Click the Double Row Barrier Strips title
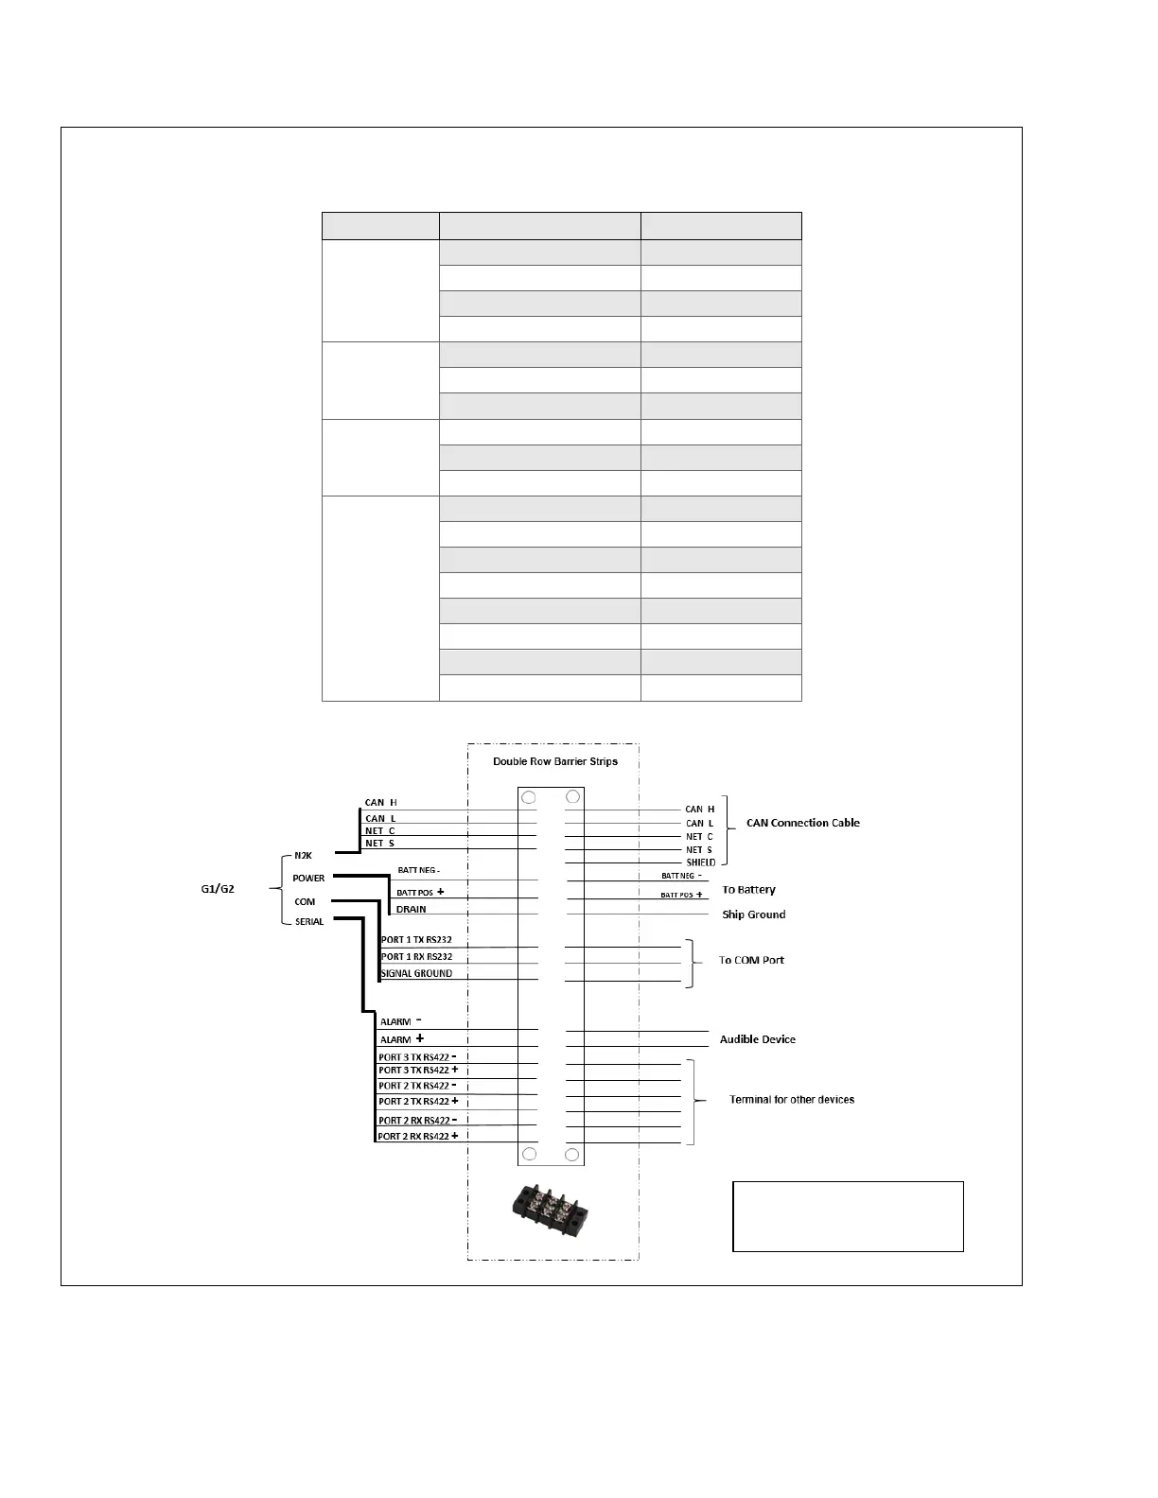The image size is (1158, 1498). (555, 761)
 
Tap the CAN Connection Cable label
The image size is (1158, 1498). (802, 823)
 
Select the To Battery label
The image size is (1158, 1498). (748, 890)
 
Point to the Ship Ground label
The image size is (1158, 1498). (753, 914)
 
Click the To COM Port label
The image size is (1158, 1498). (751, 960)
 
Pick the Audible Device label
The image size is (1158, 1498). (757, 1039)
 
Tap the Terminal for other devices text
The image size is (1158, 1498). (792, 1100)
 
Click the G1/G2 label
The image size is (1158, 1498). (218, 889)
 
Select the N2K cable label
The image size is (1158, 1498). (303, 856)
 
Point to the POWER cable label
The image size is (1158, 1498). (308, 879)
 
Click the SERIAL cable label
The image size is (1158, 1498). (309, 922)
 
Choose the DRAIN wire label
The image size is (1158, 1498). (411, 910)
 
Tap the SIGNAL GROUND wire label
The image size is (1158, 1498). (416, 974)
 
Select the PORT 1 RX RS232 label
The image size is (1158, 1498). (416, 957)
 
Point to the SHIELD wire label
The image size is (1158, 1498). (701, 862)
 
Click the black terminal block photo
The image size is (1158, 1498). (546, 1209)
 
